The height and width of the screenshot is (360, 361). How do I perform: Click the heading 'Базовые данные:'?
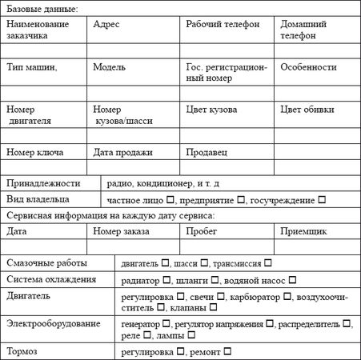[42, 9]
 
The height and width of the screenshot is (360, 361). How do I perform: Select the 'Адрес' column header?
[106, 25]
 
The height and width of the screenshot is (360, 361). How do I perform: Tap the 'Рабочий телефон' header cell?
[223, 25]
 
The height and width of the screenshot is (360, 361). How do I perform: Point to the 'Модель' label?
[110, 67]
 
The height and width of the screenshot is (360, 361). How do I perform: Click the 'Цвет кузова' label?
[212, 110]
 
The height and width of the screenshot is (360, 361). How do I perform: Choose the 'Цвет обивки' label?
[307, 110]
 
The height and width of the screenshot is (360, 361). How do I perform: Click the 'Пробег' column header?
[202, 230]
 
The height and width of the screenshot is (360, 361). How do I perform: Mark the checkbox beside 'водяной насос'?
[293, 281]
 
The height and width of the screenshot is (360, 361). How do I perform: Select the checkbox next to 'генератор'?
[166, 324]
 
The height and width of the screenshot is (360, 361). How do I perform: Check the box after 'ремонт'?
[228, 351]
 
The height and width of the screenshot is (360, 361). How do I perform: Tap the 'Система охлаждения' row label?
[51, 280]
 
